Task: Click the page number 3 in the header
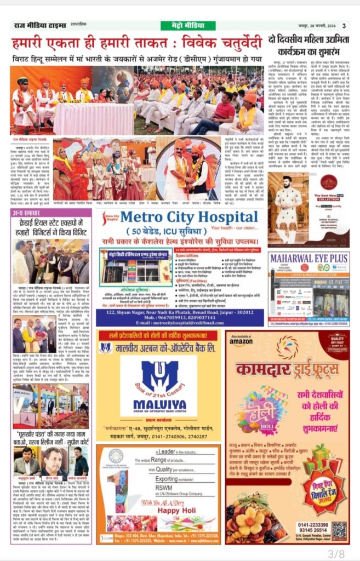pos(344,25)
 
